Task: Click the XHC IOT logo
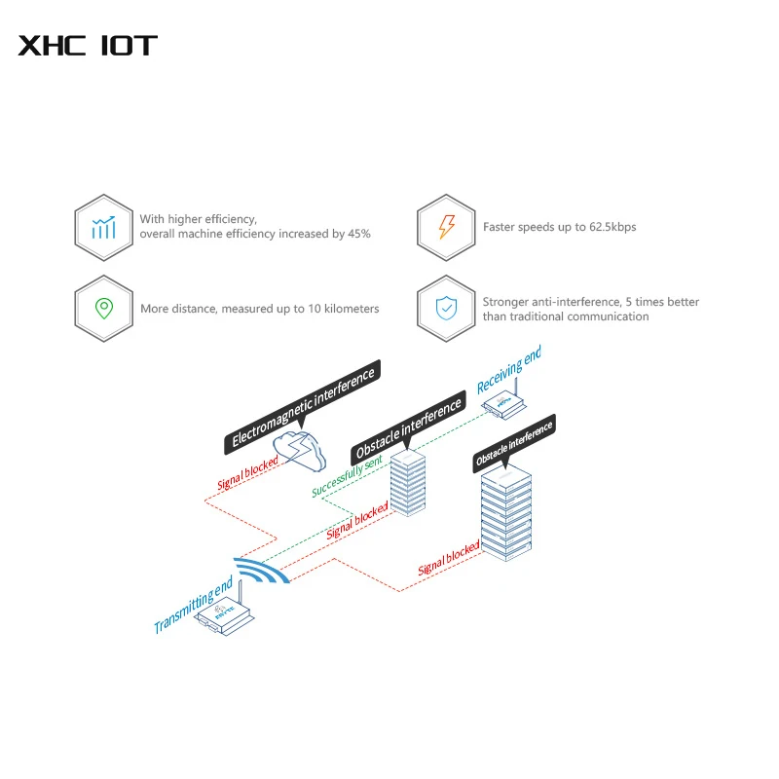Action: [x=88, y=45]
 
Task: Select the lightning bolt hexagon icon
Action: [x=446, y=227]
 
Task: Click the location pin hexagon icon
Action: [x=103, y=309]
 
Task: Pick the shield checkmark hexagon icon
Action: [x=446, y=309]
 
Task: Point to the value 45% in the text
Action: [x=359, y=235]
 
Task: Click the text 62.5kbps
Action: [x=612, y=227]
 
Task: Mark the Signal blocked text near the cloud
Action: [x=248, y=470]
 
